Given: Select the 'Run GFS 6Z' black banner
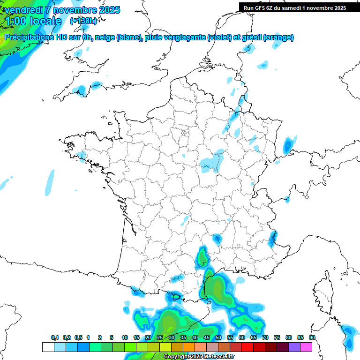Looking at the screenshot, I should [x=295, y=7].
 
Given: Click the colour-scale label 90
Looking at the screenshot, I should [x=312, y=337].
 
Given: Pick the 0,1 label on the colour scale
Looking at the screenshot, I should [x=54, y=337].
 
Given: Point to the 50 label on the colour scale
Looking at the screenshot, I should [x=218, y=337].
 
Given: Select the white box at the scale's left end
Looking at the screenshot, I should [x=48, y=347].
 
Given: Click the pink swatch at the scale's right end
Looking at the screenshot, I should [x=306, y=347].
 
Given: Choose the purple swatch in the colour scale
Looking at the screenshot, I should [x=294, y=347].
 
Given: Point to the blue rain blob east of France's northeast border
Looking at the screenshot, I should [x=289, y=145].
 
